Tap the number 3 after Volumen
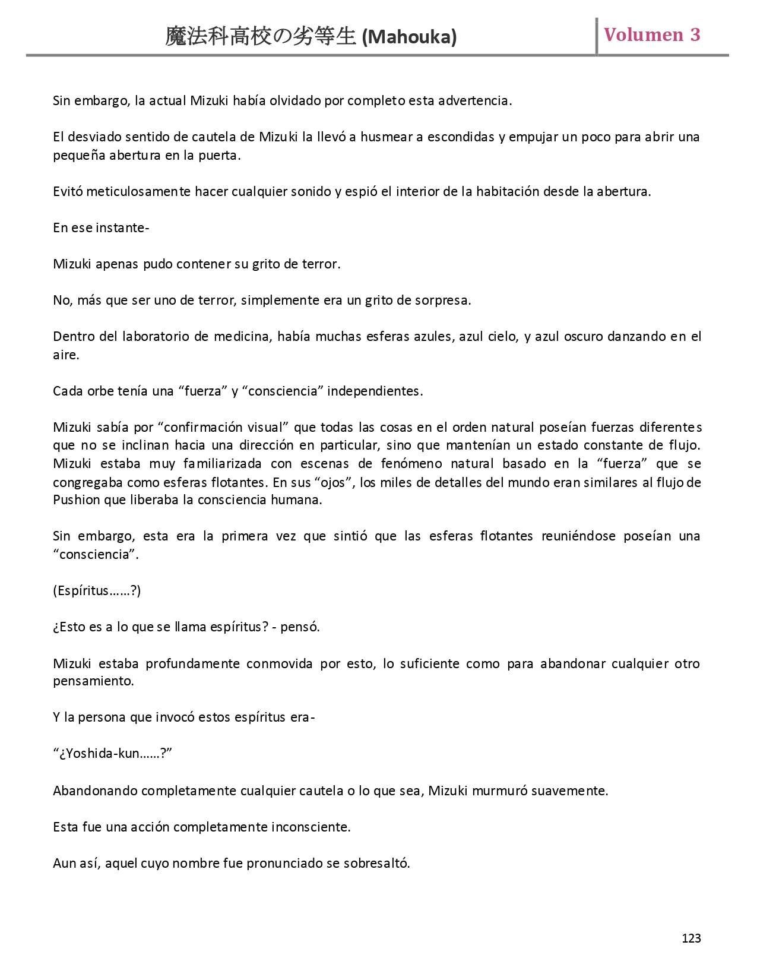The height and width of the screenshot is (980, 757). [695, 35]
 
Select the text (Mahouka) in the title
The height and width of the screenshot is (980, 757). [409, 37]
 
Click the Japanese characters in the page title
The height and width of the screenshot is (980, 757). [262, 37]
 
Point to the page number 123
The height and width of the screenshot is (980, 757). [691, 938]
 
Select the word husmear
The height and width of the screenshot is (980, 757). [387, 137]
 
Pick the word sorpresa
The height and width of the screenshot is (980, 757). [442, 300]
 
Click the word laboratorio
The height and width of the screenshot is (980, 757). [158, 336]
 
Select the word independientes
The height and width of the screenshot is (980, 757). [375, 391]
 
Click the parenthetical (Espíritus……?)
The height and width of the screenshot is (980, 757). [97, 590]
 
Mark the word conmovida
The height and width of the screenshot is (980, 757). [279, 663]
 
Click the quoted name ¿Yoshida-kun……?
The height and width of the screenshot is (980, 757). [112, 754]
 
